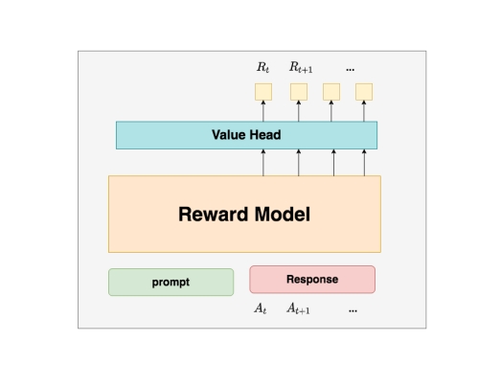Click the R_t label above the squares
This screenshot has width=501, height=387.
[x=263, y=67]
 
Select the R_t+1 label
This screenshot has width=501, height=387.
[x=301, y=67]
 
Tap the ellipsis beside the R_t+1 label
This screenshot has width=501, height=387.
[x=351, y=69]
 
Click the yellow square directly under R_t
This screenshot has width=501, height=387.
[x=263, y=92]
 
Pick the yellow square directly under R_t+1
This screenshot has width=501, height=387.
[x=299, y=92]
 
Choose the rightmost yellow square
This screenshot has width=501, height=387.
[x=364, y=92]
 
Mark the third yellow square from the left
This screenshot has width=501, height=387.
[x=331, y=92]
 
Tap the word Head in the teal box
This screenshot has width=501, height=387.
[x=265, y=135]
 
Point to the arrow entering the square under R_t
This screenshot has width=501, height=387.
[x=263, y=111]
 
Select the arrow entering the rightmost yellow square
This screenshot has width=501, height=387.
[x=364, y=111]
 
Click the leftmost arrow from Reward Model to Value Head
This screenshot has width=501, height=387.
[x=263, y=162]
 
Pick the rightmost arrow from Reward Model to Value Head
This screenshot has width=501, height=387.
[x=364, y=162]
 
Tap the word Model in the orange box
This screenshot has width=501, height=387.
[x=283, y=215]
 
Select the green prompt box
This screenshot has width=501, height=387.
[x=171, y=283]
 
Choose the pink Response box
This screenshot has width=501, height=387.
[x=312, y=280]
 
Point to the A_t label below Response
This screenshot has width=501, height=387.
[x=261, y=308]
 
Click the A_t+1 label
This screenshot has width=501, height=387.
[x=298, y=308]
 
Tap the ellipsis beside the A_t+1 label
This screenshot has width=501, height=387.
[x=353, y=310]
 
